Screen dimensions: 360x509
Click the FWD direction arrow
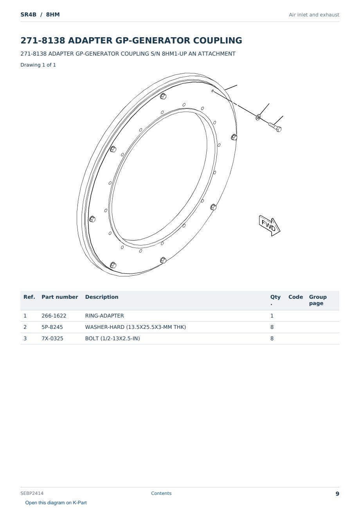coord(270,226)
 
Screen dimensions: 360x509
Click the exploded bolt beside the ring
coord(275,127)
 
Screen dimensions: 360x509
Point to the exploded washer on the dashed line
coord(258,117)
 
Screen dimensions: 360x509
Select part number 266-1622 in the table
coord(54,316)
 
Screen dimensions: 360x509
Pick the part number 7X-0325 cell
coord(52,338)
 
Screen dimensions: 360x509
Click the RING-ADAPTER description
coord(104,316)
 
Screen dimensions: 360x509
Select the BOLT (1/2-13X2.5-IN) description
coord(112,338)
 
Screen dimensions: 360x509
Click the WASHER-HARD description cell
coord(135,327)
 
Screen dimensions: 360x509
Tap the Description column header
coord(102,297)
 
